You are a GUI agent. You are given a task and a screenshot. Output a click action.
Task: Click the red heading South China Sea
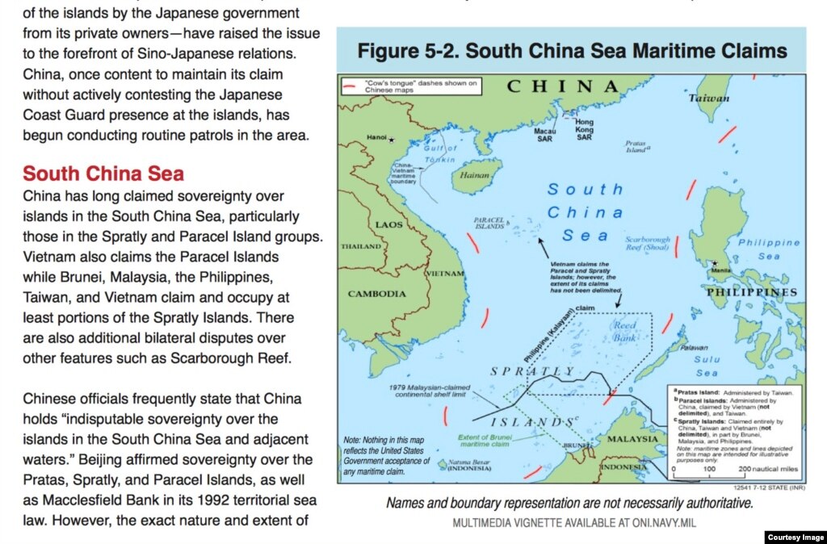[x=103, y=174]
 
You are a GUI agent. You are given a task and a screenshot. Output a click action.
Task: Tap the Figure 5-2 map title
[x=572, y=52]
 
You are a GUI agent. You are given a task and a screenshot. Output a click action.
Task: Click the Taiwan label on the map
[x=709, y=98]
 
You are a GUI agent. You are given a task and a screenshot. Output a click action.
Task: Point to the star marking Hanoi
[x=393, y=140]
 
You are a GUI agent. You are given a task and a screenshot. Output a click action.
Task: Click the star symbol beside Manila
[x=714, y=263]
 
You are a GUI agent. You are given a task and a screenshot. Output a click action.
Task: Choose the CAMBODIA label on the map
[x=377, y=294]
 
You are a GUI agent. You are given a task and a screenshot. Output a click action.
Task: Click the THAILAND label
[x=361, y=246]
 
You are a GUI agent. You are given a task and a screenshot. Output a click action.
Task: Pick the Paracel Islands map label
[x=489, y=223]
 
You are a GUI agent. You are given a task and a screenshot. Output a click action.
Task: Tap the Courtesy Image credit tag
[x=795, y=537]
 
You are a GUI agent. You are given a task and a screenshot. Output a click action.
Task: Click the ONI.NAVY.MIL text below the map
[x=661, y=523]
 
